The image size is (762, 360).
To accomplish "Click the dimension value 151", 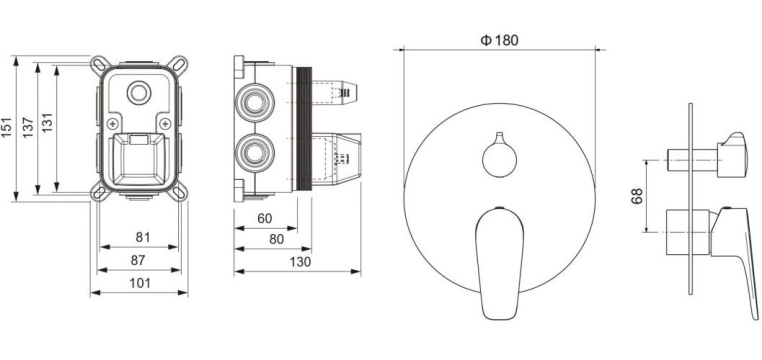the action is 7,127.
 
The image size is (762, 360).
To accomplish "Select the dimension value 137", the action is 28,127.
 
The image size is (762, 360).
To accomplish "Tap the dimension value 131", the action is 47,123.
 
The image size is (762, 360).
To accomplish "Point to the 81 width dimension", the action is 142,237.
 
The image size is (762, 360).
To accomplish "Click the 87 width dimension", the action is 138,260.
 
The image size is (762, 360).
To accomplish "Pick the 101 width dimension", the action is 140,283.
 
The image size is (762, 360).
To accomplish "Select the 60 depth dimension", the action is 265,219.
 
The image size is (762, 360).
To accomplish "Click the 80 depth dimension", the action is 276,239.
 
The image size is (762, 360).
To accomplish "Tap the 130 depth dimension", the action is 300,262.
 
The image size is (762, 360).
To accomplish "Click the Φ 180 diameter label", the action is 500,40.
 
